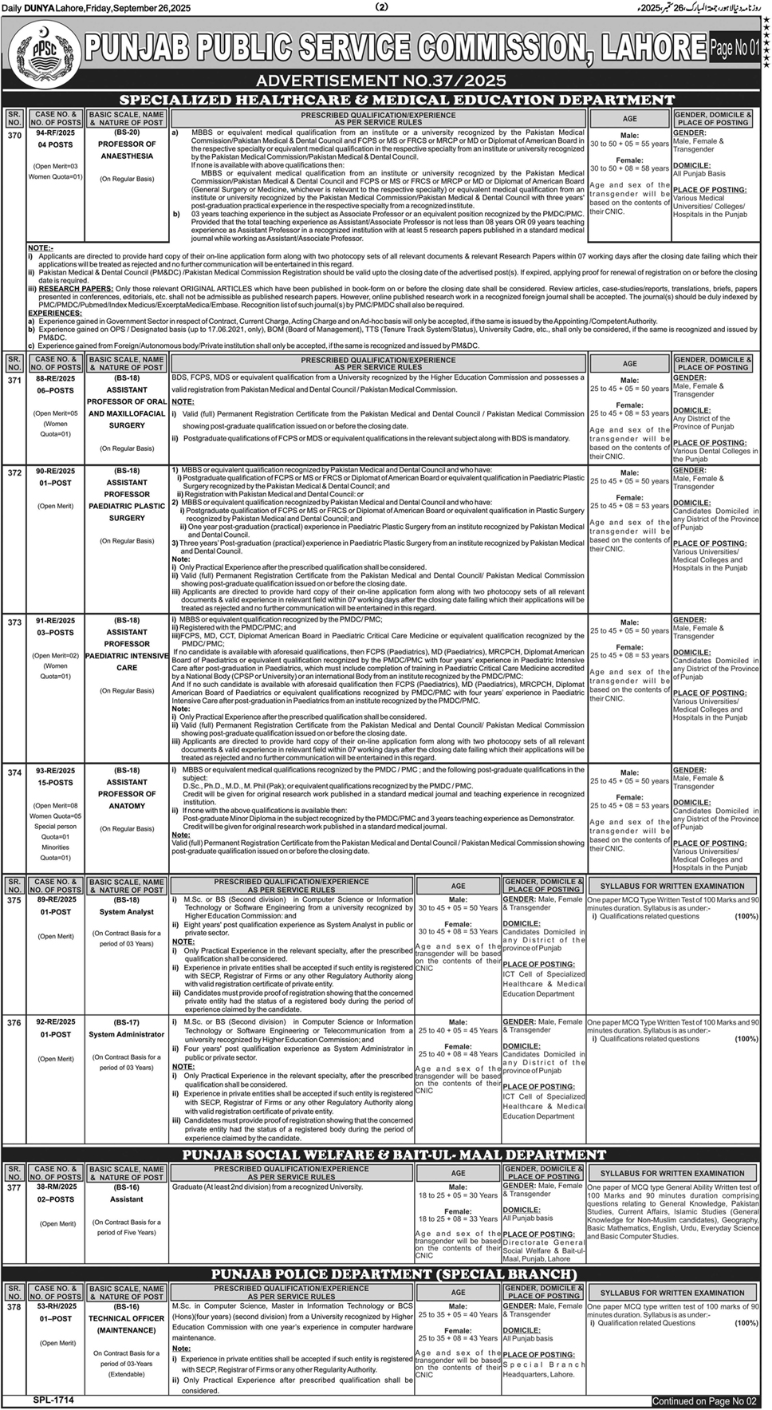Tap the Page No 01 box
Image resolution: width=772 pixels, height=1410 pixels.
[735, 48]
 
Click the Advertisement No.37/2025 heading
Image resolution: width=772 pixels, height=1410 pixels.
[381, 81]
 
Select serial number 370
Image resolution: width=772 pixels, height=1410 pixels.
[14, 136]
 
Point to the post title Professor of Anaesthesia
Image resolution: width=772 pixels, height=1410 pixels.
[127, 150]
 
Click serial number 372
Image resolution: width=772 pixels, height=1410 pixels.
[14, 473]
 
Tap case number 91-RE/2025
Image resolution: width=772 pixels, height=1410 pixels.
[55, 621]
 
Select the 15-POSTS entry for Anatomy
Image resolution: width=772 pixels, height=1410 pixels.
[55, 783]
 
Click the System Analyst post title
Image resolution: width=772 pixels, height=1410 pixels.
[127, 912]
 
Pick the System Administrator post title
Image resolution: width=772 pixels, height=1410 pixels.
[127, 1035]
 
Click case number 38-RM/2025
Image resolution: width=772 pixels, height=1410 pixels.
[55, 1187]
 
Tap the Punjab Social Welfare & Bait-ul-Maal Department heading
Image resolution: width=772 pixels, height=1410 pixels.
[394, 1155]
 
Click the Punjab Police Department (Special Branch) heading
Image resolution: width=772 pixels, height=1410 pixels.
[394, 1274]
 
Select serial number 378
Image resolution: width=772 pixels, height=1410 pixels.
[14, 1306]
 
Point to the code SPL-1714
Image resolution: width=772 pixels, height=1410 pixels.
[53, 1400]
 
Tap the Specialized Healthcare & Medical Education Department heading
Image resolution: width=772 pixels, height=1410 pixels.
[396, 100]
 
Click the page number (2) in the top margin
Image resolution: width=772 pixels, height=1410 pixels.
[381, 7]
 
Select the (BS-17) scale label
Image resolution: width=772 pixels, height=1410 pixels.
[127, 1022]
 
